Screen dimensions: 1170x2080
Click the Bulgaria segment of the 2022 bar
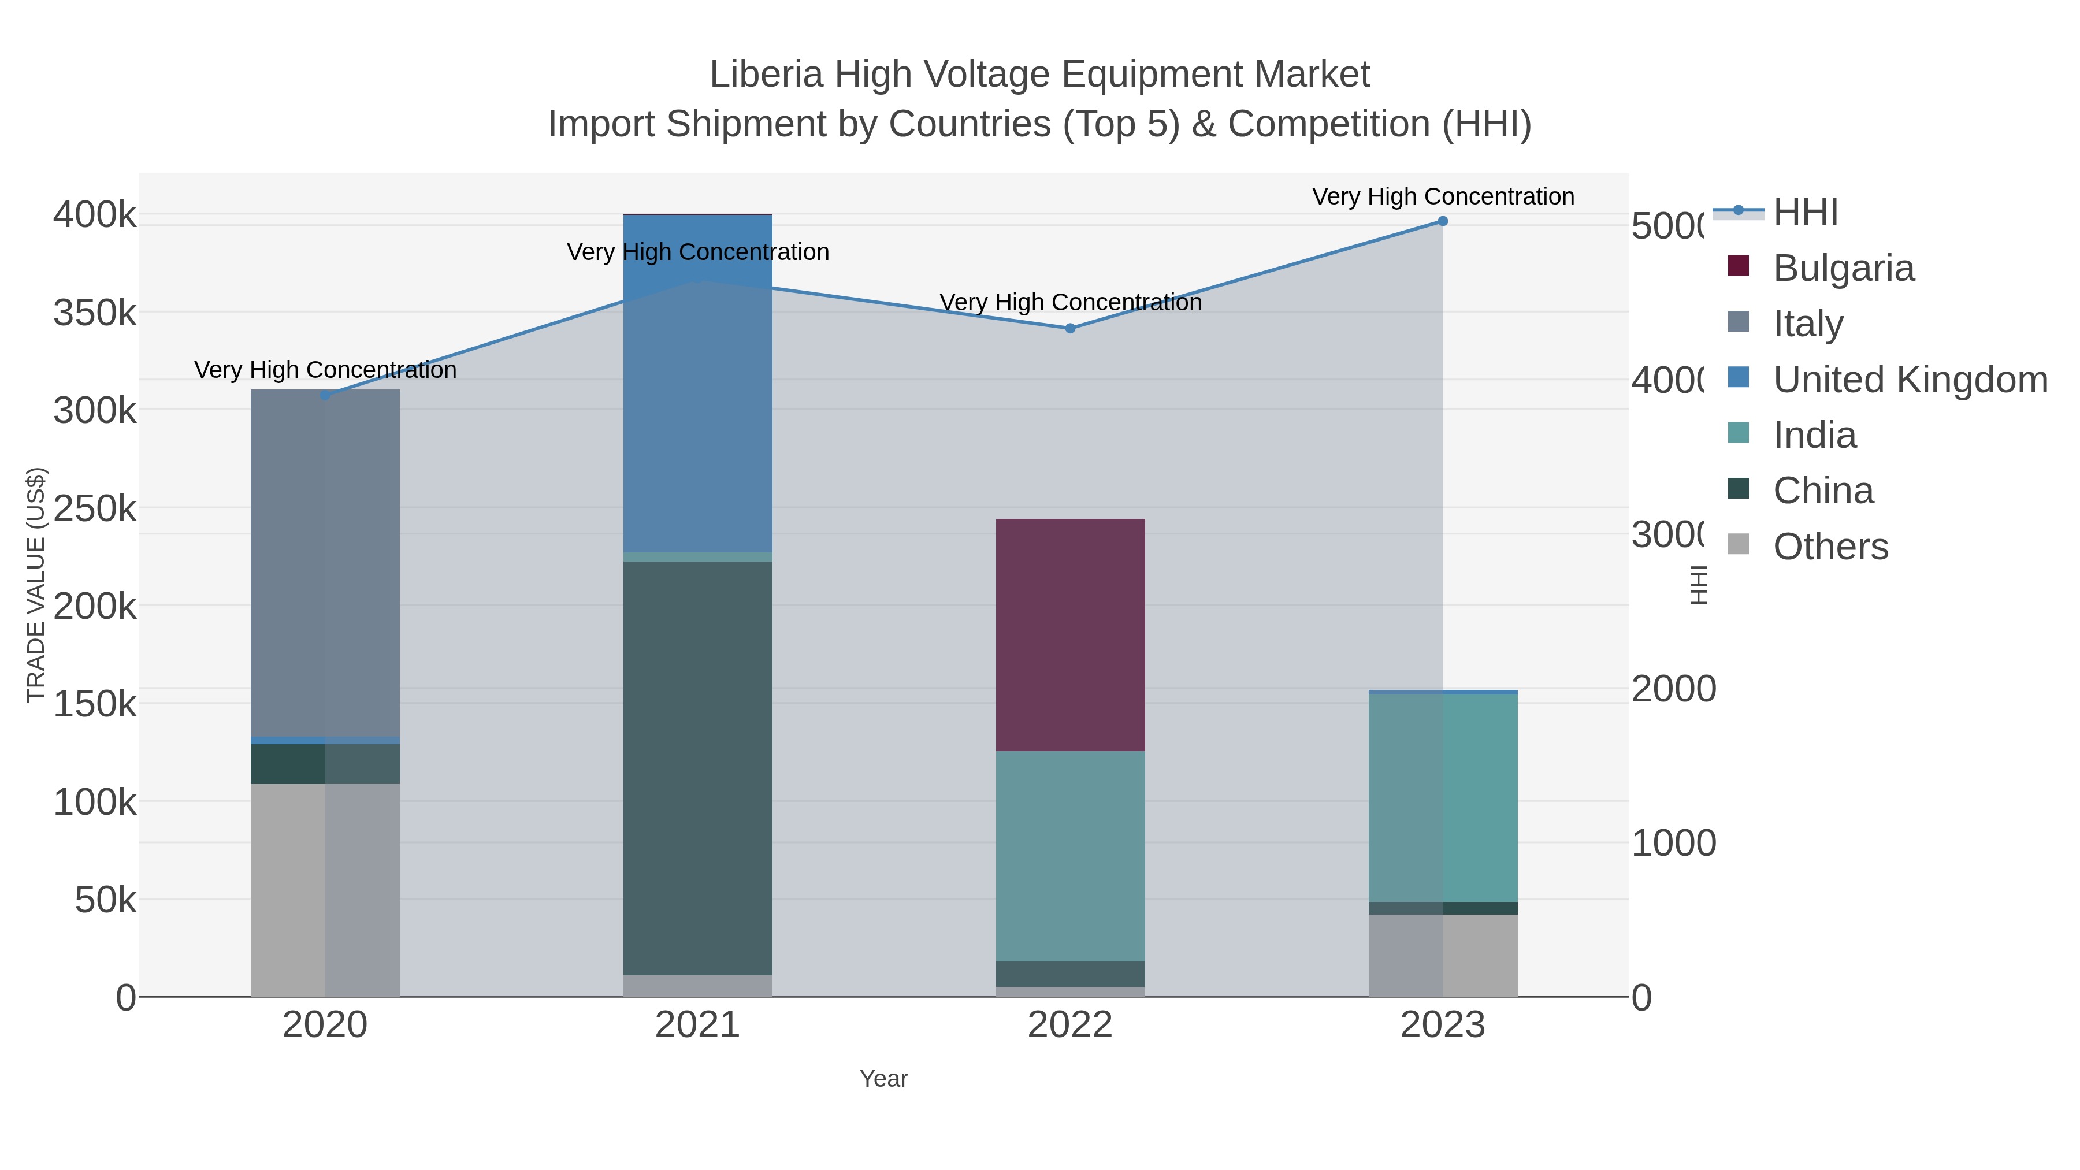point(1070,634)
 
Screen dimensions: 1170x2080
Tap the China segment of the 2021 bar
point(697,767)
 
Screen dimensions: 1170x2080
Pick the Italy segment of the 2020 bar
point(325,563)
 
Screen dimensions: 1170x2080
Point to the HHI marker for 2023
point(1443,221)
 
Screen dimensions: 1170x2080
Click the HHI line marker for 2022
point(1070,329)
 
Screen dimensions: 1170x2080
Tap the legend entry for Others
point(1830,547)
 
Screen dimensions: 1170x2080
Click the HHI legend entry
point(1806,213)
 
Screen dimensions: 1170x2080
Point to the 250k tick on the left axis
point(95,508)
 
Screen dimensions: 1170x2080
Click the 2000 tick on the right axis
point(1673,689)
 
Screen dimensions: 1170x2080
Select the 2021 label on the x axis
point(697,1026)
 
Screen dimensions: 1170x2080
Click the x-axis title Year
point(883,1079)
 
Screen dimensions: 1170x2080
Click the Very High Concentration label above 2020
point(325,370)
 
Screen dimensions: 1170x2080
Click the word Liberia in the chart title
point(766,75)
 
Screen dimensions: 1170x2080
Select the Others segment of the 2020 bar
point(325,890)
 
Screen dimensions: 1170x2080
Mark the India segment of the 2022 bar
point(1070,856)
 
